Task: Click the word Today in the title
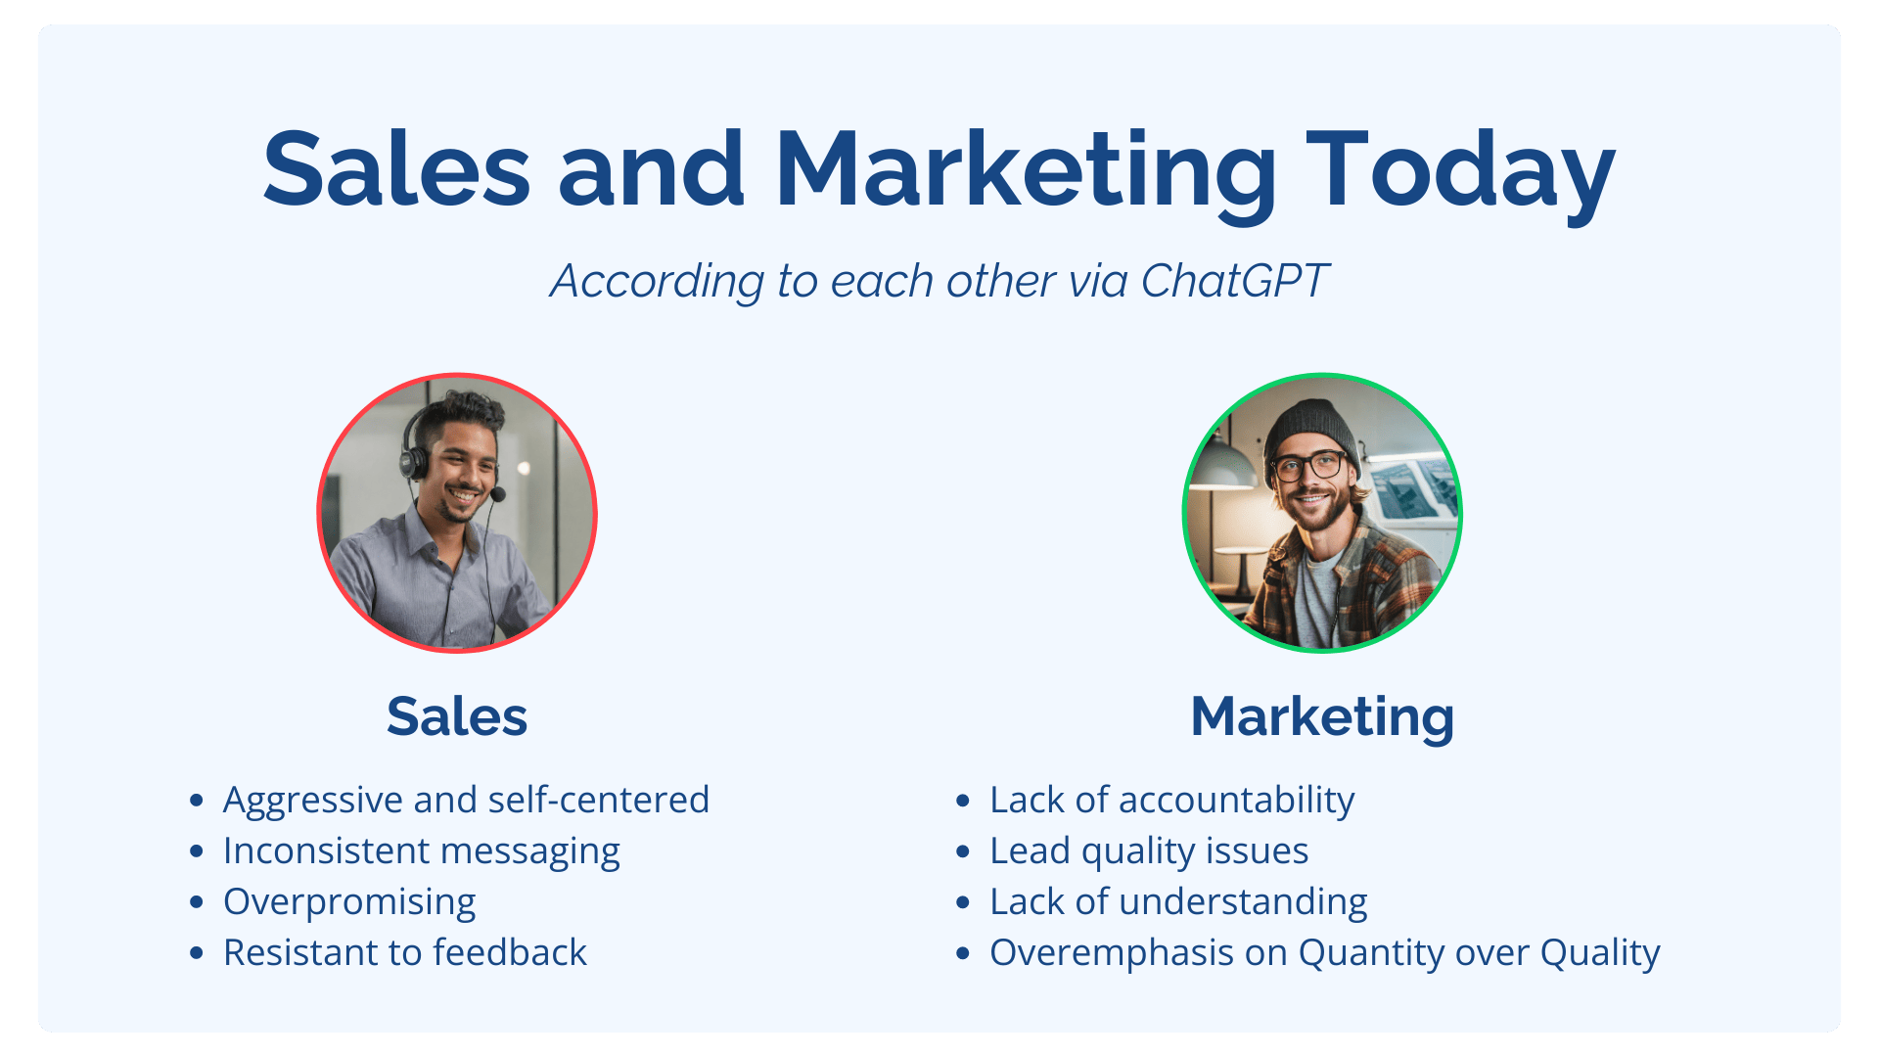tap(1460, 171)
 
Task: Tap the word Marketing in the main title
tap(1026, 171)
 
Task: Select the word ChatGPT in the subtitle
tap(1234, 281)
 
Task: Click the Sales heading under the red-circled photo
tap(457, 716)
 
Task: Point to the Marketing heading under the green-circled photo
tap(1322, 718)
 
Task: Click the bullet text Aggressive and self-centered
tap(466, 800)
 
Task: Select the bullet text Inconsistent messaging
tap(422, 851)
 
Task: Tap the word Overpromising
tap(349, 902)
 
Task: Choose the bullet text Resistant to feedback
tap(405, 952)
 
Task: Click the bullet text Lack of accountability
tap(1171, 801)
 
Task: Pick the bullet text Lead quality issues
tap(1149, 851)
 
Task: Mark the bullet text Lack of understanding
tap(1178, 902)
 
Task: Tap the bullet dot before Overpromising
tap(197, 902)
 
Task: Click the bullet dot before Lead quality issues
tap(963, 851)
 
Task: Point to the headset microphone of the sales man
tap(498, 494)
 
